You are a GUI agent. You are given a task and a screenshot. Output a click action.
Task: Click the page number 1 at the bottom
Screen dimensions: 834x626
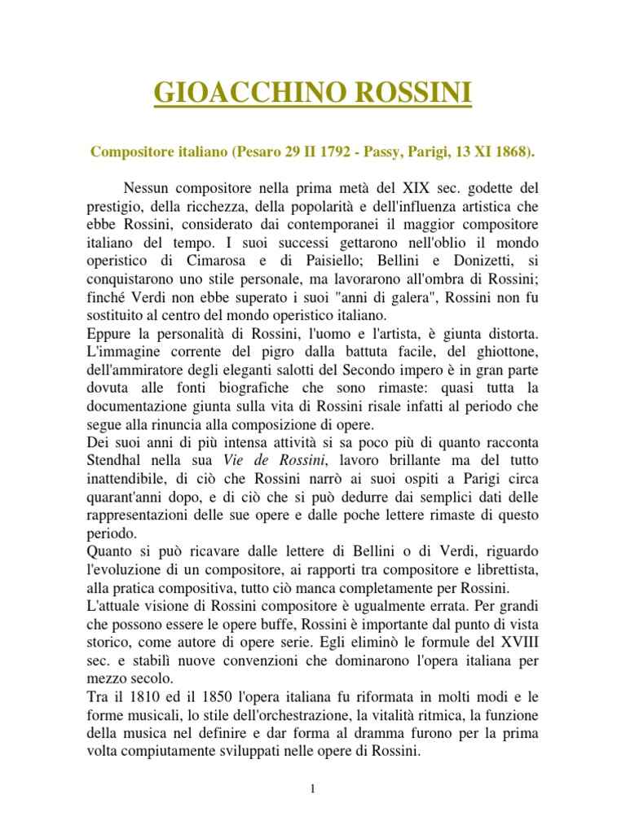pyautogui.click(x=313, y=789)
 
